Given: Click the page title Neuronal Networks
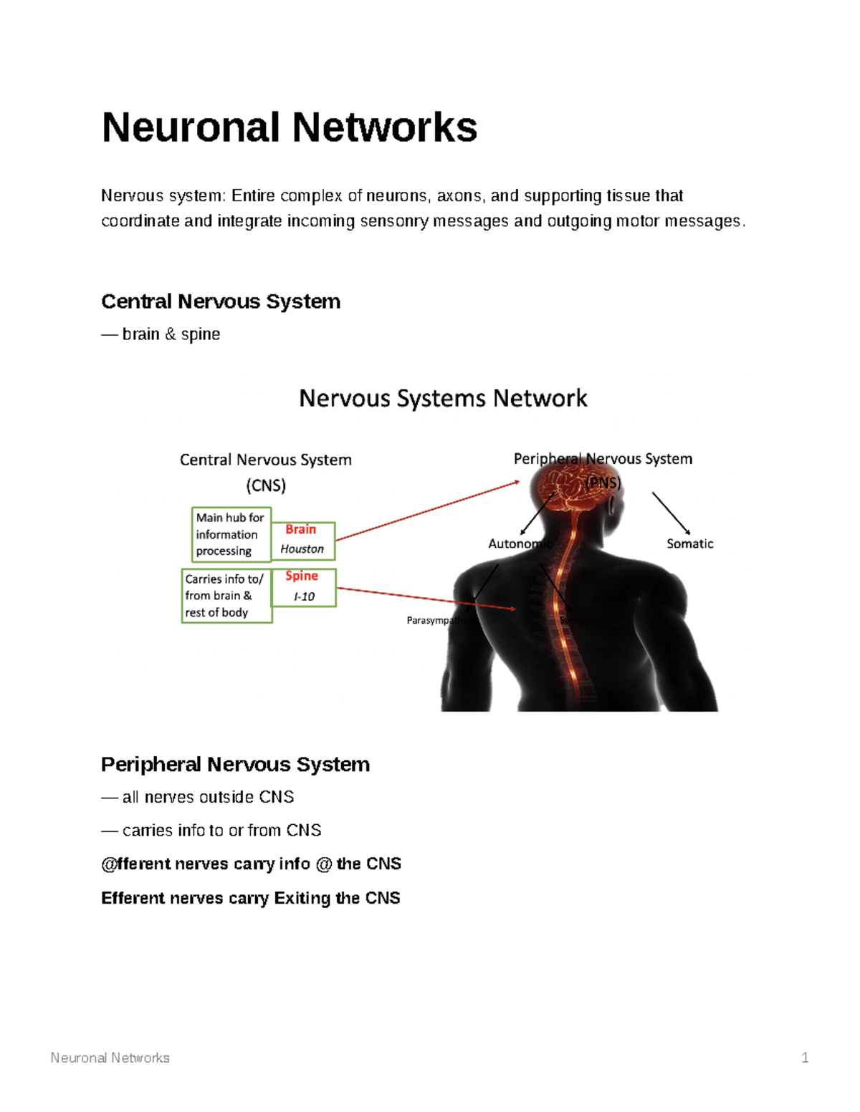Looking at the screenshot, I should (x=289, y=127).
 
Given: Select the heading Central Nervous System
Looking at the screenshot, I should (x=221, y=301).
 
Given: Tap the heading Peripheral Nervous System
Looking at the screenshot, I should (x=235, y=764).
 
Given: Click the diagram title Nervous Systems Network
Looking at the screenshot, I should (x=443, y=398).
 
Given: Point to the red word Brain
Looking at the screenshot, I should (x=300, y=529).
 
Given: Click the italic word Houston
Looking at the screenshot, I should (x=302, y=549).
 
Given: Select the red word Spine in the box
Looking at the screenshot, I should (x=302, y=576).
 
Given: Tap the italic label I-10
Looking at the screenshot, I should (x=304, y=596).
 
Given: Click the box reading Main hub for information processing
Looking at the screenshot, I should (x=231, y=534).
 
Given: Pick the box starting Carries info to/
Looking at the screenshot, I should (x=225, y=596).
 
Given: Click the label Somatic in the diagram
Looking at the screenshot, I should (x=689, y=543).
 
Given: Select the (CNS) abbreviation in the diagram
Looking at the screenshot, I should (x=266, y=485).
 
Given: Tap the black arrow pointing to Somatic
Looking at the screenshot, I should (x=671, y=513).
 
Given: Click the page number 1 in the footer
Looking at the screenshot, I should (x=805, y=1058).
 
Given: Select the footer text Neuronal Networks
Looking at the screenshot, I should (x=110, y=1058).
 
